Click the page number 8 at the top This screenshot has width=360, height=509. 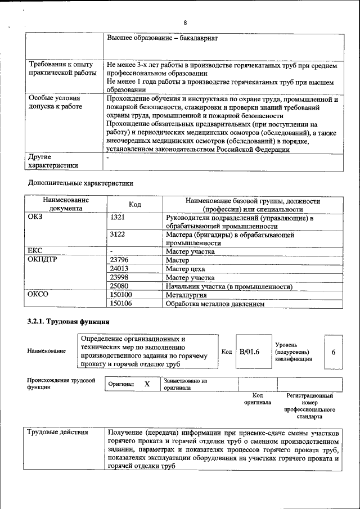(x=184, y=22)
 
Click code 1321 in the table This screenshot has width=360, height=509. (x=118, y=218)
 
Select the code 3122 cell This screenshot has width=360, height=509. (x=118, y=235)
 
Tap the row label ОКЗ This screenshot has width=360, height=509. (x=35, y=218)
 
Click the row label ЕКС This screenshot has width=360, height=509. (x=35, y=251)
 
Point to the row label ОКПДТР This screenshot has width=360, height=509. (x=43, y=260)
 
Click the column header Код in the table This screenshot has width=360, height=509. (x=135, y=204)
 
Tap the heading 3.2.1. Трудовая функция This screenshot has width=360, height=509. (x=68, y=322)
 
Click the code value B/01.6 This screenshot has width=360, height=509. (x=249, y=352)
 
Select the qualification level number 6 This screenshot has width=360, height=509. (x=334, y=352)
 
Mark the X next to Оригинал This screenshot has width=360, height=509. (x=147, y=384)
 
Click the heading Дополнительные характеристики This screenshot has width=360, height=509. (x=80, y=183)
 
